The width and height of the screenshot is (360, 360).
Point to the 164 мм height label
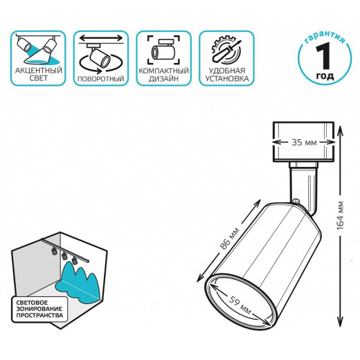pos(341,215)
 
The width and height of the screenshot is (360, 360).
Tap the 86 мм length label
pos(229,240)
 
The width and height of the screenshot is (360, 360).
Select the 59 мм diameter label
pos(240,306)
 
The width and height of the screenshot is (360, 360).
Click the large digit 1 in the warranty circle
pos(324,56)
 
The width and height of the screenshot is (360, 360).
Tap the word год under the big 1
pos(325,76)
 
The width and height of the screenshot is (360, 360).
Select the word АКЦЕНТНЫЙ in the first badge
pos(39,71)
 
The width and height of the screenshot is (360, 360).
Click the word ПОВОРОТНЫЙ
pos(101,79)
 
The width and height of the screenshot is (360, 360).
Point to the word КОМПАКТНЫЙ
pos(163,71)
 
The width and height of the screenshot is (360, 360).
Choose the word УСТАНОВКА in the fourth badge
pos(227,78)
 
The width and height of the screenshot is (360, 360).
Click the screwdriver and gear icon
pos(226,51)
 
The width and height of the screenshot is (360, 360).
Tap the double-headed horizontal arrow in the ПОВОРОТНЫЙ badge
pos(101,37)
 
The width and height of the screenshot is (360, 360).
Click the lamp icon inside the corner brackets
pos(163,50)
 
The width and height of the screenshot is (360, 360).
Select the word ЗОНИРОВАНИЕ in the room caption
pos(39,309)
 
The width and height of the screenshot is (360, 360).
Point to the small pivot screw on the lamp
pos(296,201)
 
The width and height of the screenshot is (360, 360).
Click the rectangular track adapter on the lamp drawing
pos(303,142)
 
